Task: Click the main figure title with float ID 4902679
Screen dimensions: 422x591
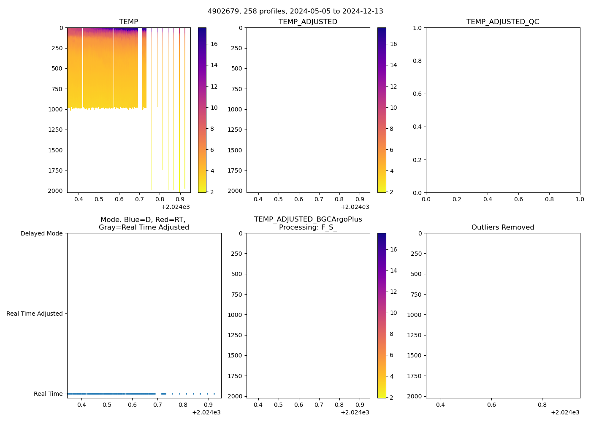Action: click(x=295, y=11)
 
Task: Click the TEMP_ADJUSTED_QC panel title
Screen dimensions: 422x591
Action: click(x=502, y=22)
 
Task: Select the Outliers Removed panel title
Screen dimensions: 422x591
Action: click(x=502, y=227)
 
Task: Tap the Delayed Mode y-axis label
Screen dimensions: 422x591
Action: click(x=41, y=233)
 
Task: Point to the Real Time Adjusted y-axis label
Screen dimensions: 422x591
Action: click(x=34, y=314)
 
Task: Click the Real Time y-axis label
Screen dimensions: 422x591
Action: click(x=48, y=394)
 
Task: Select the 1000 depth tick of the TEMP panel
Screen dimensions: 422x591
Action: click(x=55, y=109)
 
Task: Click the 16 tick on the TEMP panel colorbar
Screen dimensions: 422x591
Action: click(x=214, y=44)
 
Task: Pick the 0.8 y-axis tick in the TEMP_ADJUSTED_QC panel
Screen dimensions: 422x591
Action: click(x=417, y=61)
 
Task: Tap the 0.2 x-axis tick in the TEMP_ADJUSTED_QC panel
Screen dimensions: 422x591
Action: click(x=457, y=199)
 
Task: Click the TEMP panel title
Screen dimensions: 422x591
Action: click(x=128, y=22)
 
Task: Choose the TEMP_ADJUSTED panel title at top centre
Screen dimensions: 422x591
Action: click(x=308, y=22)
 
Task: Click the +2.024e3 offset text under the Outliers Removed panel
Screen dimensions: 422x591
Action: click(x=565, y=412)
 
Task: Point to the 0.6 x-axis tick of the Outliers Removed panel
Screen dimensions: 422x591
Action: click(x=491, y=405)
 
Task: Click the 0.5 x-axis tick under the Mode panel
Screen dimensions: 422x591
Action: click(x=107, y=405)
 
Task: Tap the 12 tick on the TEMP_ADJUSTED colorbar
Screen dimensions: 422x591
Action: click(x=393, y=87)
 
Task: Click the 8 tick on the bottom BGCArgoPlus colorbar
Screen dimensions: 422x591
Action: click(x=391, y=334)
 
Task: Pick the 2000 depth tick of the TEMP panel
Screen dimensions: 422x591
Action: click(x=55, y=191)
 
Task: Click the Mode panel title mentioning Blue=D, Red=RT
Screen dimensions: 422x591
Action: click(x=144, y=224)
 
